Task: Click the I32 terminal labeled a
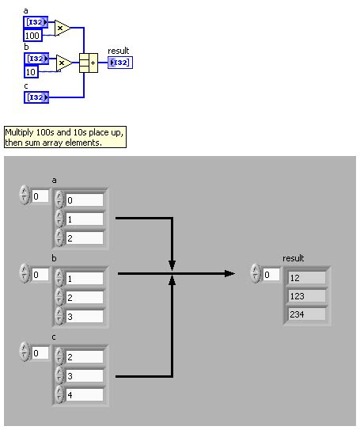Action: pos(36,23)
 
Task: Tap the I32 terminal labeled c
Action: pos(36,97)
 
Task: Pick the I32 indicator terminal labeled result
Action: pos(120,63)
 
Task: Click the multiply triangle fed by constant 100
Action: pos(62,29)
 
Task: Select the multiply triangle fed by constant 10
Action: pos(62,63)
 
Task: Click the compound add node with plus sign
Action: pos(88,63)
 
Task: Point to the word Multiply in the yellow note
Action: pos(21,132)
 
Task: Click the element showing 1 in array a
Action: pos(84,219)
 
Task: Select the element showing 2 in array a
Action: pos(84,238)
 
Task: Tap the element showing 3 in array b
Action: pos(84,315)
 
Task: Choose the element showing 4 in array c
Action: pos(84,394)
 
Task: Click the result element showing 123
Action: pos(306,295)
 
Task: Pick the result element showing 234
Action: pos(306,314)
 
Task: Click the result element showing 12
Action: pos(306,277)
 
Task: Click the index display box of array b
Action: pos(40,275)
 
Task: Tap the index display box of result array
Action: pos(271,275)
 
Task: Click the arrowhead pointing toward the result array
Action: pos(229,273)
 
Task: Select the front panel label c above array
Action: pos(55,337)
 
